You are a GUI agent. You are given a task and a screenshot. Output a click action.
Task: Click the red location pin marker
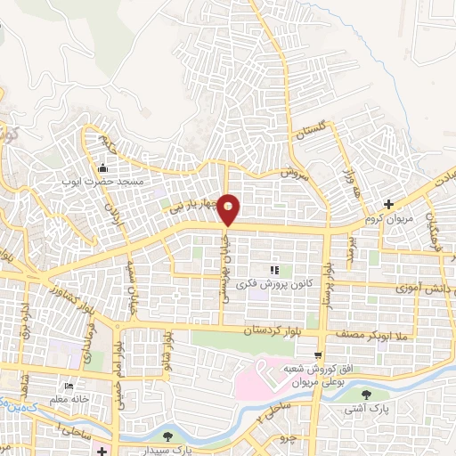point(229,211)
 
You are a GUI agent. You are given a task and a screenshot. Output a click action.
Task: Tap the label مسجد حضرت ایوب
point(102,182)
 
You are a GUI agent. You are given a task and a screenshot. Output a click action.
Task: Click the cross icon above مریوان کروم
point(388,204)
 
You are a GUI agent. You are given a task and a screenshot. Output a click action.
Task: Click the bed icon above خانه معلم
point(69,387)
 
